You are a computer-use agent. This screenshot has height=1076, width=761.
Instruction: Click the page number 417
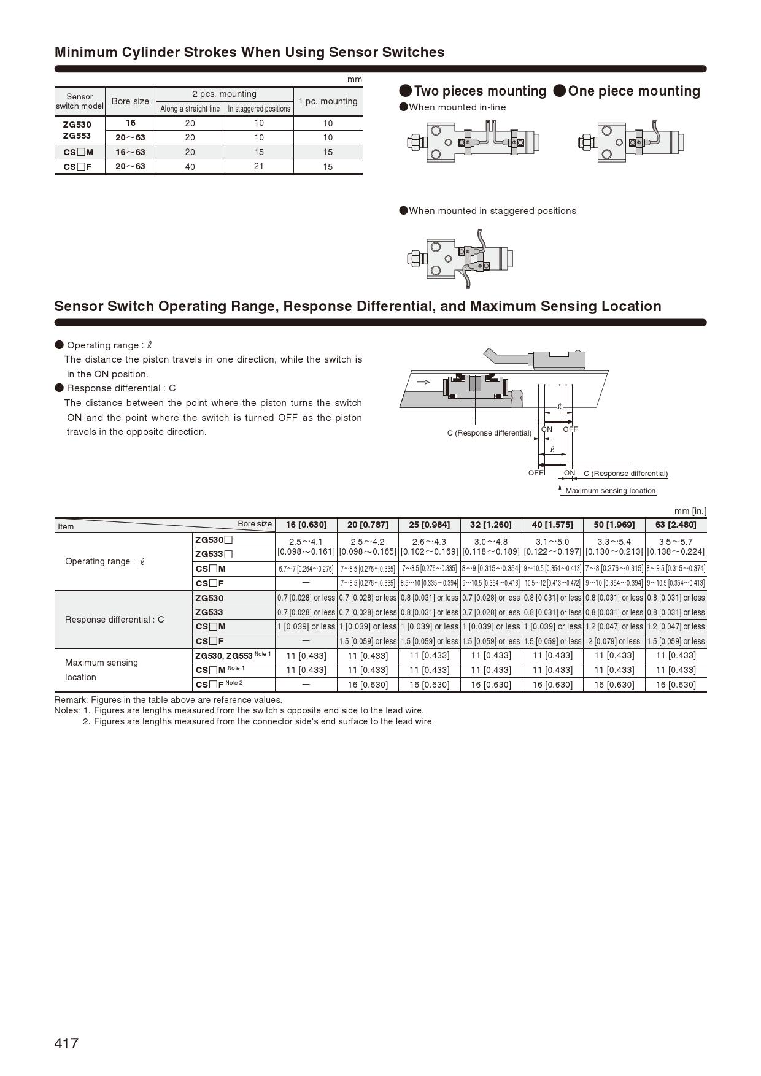pos(66,1043)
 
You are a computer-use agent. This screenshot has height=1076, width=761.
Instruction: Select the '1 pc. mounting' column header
pos(328,101)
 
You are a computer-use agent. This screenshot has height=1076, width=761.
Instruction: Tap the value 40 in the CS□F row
pos(190,167)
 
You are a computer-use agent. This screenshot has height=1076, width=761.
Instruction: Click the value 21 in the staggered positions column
pos(259,166)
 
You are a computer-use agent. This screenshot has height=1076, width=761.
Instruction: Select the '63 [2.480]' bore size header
pos(676,525)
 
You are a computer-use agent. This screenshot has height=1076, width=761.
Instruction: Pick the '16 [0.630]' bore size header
pos(306,525)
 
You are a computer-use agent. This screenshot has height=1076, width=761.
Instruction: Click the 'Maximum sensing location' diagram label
pos(610,491)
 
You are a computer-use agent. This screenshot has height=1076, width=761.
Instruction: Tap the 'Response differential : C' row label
pos(115,620)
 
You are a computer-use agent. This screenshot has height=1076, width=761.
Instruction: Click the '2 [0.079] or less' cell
pos(614,641)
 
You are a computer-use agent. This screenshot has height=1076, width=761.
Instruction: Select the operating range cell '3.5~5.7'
pos(676,542)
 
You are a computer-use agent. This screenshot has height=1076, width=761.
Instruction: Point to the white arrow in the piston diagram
pos(423,382)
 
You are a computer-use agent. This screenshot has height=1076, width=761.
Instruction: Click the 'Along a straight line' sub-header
pos(190,109)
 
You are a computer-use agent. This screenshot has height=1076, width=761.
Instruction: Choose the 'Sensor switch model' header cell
pos(80,101)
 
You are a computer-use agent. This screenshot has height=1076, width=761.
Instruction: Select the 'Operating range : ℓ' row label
pos(105,561)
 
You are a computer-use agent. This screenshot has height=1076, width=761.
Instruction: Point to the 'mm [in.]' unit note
pos(690,511)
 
